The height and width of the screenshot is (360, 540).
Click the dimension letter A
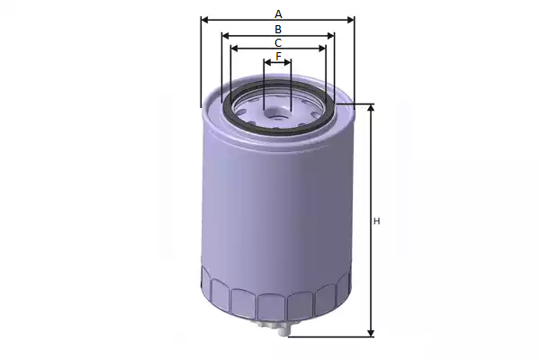278,14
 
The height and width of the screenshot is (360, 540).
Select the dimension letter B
278,30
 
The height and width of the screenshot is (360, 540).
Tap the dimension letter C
278,43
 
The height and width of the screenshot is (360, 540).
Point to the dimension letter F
278,56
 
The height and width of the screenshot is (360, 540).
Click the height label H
377,221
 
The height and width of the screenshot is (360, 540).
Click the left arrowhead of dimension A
205,20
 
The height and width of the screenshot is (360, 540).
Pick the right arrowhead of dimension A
350,20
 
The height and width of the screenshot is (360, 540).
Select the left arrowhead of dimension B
226,35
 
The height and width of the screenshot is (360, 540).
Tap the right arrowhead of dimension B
330,35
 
